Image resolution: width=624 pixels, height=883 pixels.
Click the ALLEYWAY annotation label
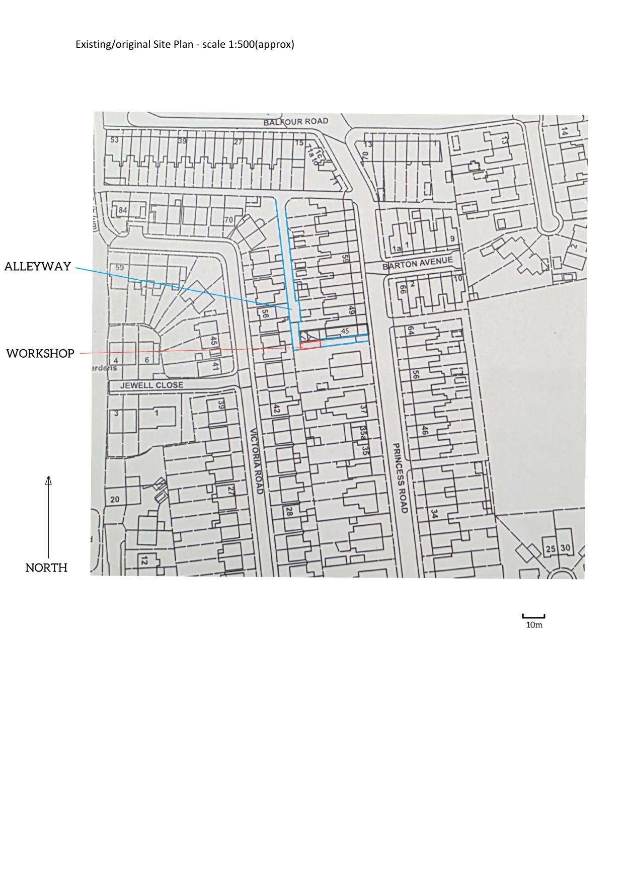(38, 266)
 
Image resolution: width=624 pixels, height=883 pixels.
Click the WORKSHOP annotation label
(40, 353)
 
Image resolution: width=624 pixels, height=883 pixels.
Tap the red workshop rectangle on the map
(310, 345)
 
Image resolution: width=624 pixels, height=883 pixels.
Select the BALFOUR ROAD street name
(296, 121)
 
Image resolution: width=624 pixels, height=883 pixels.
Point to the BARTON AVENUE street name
(417, 263)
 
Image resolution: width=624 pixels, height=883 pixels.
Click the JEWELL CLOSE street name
(151, 385)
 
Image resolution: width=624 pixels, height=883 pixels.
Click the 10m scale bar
(533, 616)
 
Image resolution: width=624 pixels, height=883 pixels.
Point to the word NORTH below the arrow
(46, 568)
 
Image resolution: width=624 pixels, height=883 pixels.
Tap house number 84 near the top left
(123, 210)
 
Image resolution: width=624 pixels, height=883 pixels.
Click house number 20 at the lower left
(115, 499)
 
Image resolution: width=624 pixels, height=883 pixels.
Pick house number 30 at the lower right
(565, 548)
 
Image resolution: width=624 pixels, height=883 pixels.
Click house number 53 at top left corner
(115, 139)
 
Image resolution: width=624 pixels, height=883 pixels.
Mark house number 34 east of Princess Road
(434, 514)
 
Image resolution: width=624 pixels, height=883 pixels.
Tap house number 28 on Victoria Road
(289, 511)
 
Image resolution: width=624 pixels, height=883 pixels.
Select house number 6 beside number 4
(147, 360)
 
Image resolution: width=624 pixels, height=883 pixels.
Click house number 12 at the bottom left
(144, 560)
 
